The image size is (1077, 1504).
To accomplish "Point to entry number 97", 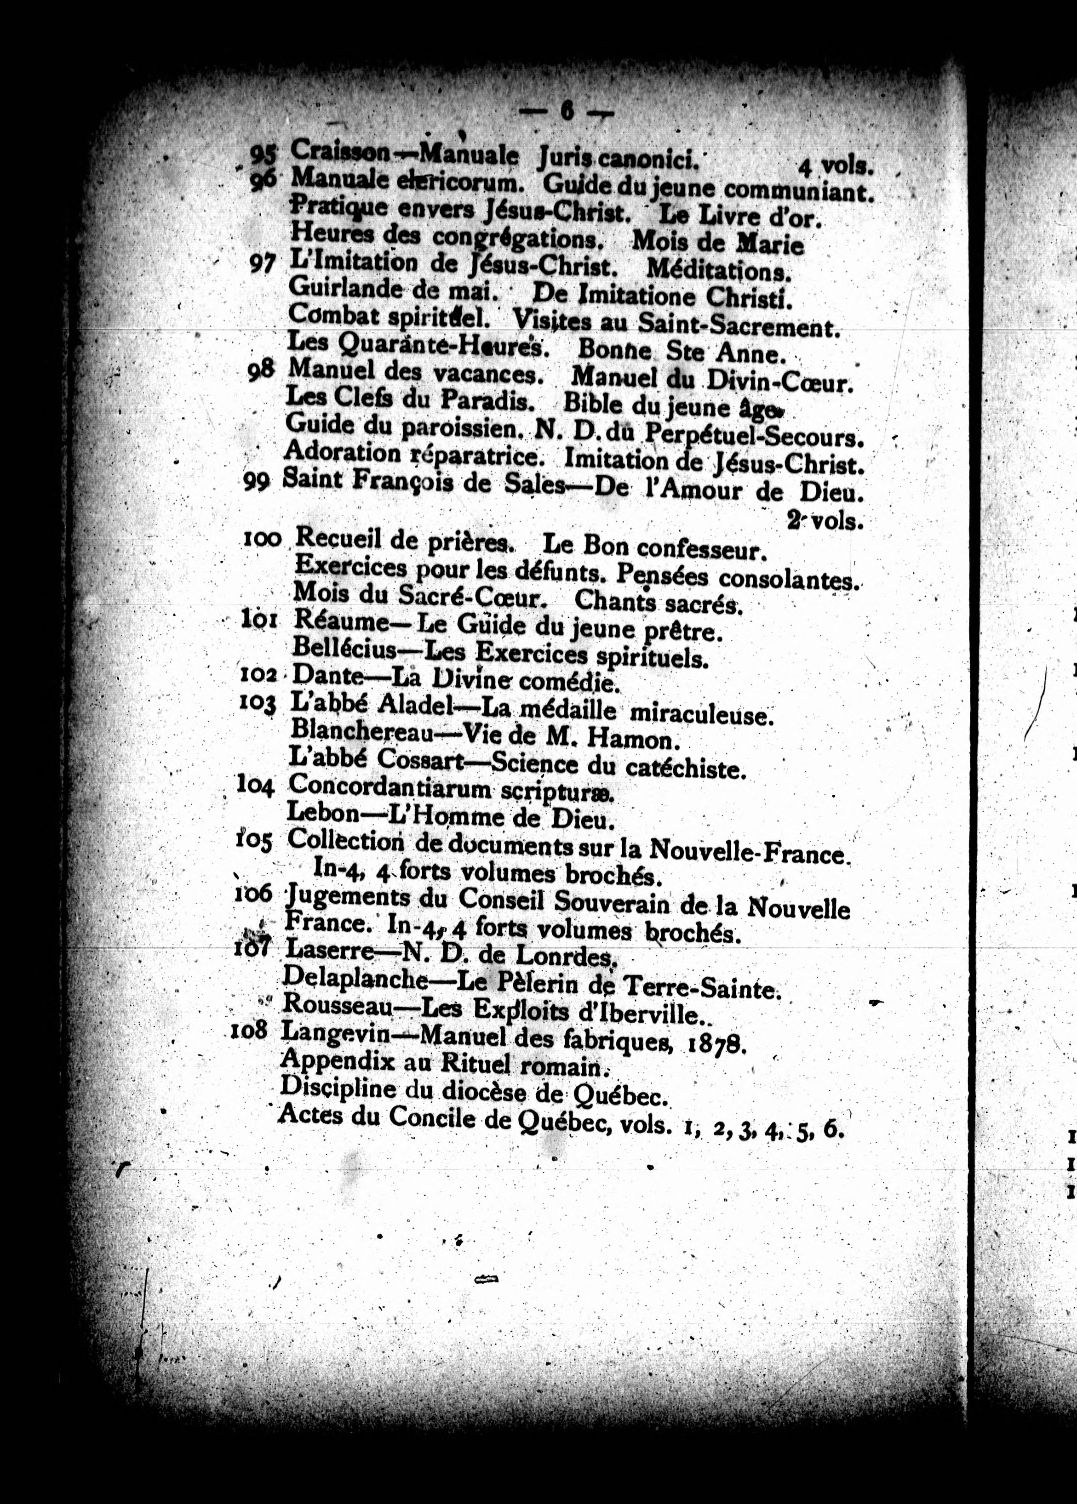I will click(262, 264).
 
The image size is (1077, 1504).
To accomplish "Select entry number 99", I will click(256, 482).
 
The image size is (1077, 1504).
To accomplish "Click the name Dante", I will click(327, 675).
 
